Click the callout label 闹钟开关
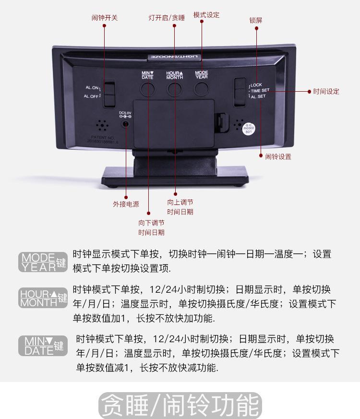coord(104,18)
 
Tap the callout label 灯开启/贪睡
coord(167,18)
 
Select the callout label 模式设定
coord(206,15)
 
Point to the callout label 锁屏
coord(255,21)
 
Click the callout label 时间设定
coord(326,91)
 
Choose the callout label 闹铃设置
coord(278,156)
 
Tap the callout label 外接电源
coord(126,204)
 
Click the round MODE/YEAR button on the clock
coord(202,87)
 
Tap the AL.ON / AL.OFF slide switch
coord(110,92)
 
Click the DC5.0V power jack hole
coord(126,124)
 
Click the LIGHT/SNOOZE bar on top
coord(174,57)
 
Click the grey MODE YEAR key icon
coord(43,262)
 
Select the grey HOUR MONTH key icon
coord(43,298)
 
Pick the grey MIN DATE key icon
coord(44,346)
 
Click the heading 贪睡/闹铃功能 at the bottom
coord(180,406)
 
